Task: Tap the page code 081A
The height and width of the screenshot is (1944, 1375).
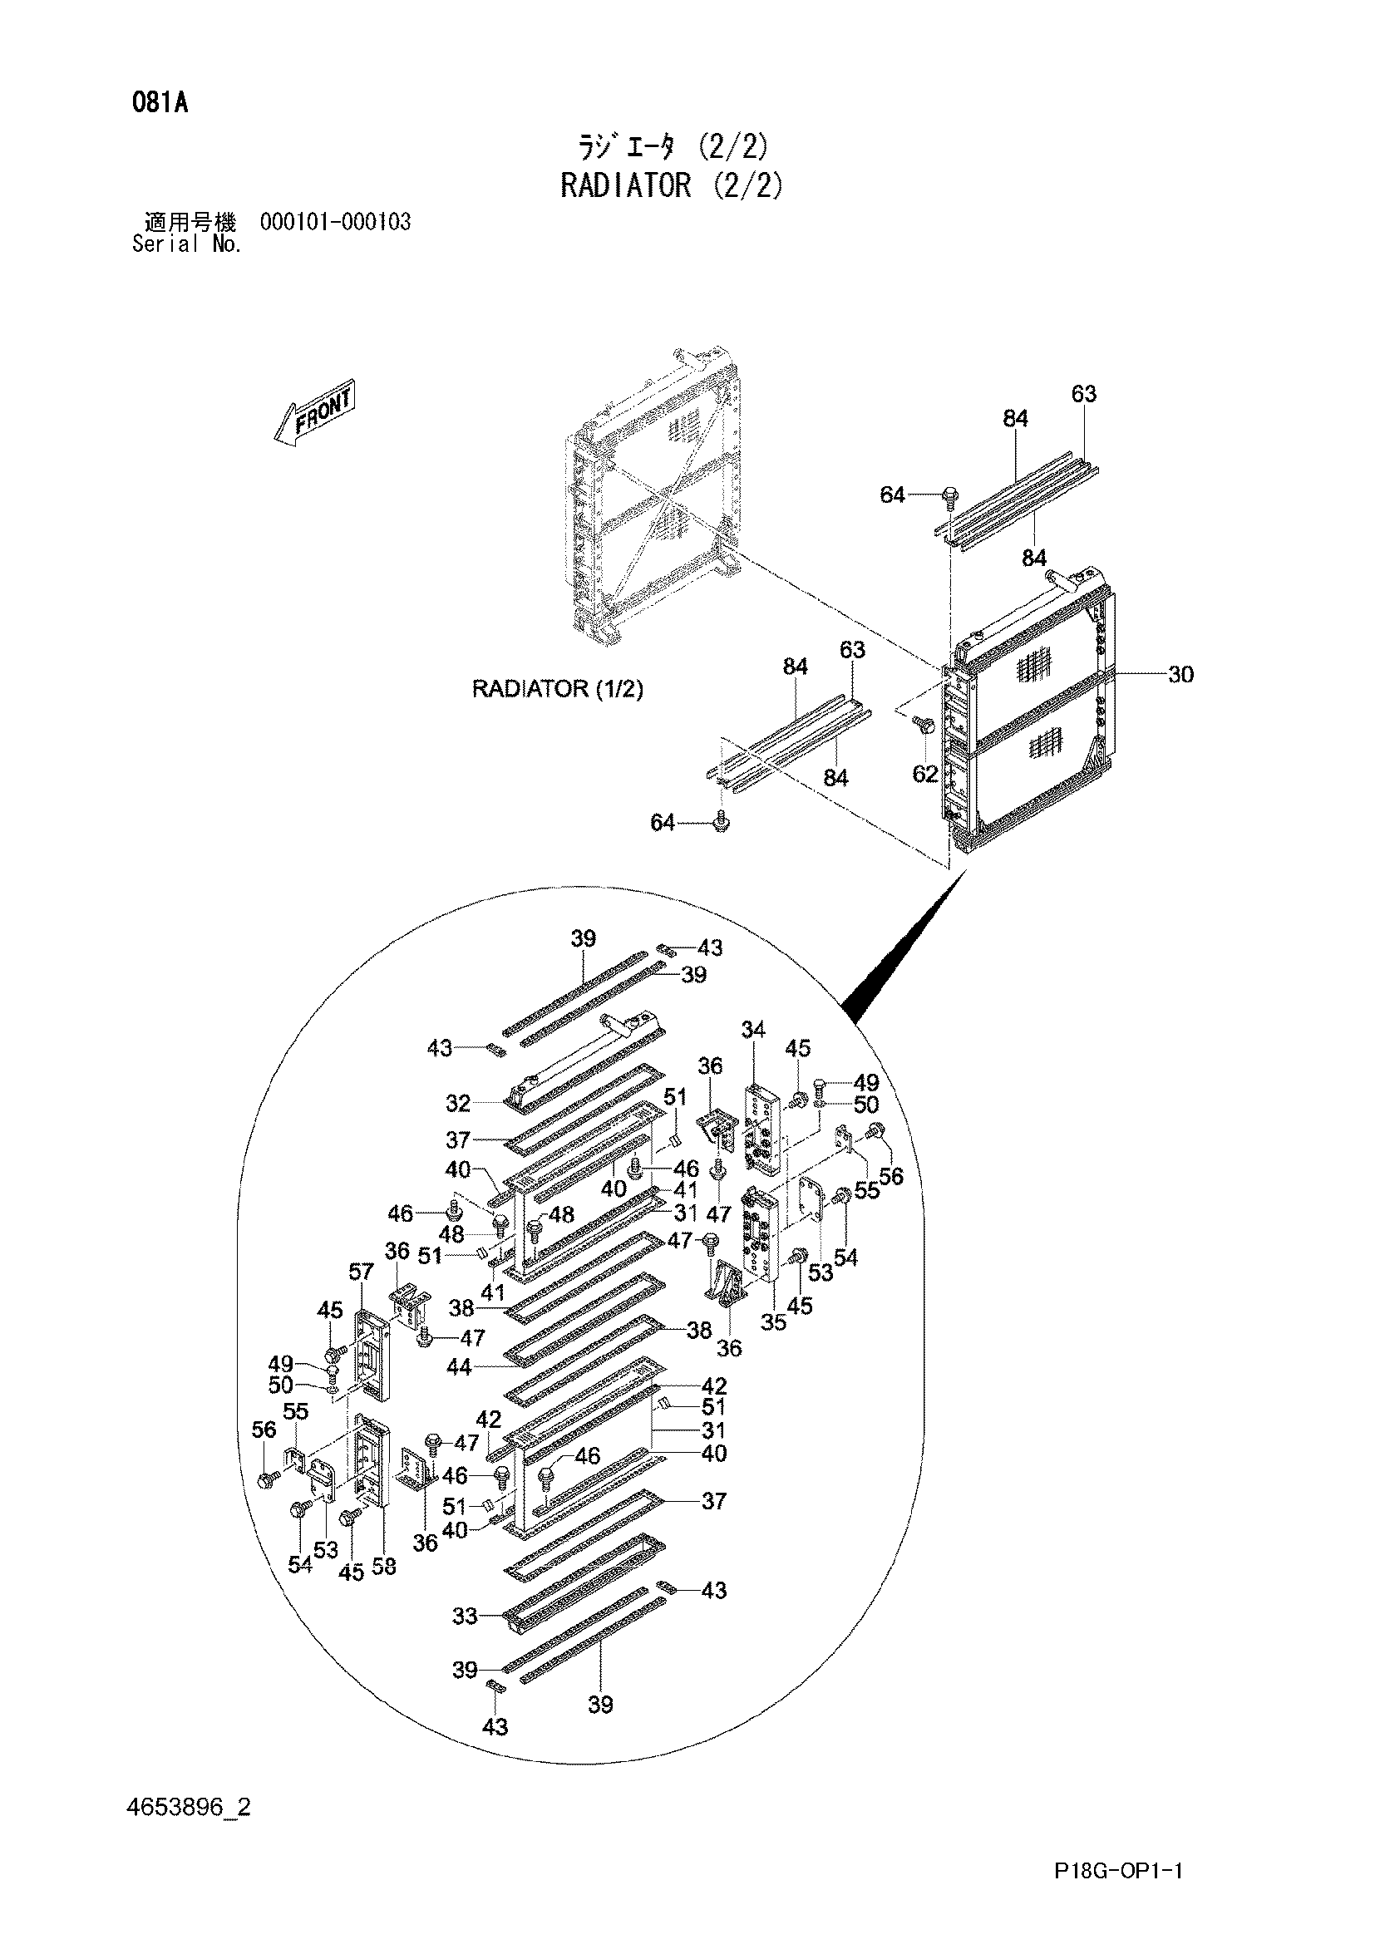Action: pos(159,104)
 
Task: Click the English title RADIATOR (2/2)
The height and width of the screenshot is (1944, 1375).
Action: pos(672,185)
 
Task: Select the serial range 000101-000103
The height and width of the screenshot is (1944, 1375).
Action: pos(336,223)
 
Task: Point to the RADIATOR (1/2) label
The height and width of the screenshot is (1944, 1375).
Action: pos(557,689)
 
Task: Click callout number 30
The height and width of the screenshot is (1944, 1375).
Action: pos(1180,674)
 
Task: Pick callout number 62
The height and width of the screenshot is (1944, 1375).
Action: pos(925,773)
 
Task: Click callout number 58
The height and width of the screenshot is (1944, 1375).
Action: pos(383,1567)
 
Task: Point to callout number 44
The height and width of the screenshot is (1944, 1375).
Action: pos(459,1366)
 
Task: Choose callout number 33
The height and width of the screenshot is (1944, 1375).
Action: pos(466,1617)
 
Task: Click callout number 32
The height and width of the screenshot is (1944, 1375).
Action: pos(458,1103)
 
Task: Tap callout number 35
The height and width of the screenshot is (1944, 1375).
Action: pos(773,1322)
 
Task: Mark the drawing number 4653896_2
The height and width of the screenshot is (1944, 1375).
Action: pos(188,1808)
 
